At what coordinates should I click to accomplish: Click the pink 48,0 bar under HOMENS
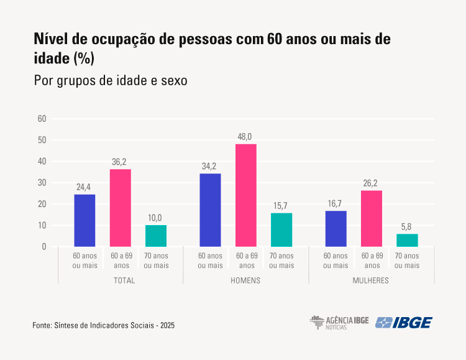246,195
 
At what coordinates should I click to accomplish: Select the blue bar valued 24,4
85,221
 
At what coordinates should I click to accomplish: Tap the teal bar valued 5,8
408,240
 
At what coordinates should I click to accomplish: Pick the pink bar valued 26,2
372,218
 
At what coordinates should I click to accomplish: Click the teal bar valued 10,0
156,236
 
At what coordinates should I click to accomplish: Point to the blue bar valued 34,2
210,210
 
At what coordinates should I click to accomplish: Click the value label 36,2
121,161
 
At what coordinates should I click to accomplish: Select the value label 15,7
281,205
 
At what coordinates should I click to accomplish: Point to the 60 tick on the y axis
42,119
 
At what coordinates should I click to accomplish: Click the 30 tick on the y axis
42,183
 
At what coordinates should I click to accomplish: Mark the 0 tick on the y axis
44,247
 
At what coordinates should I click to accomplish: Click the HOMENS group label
245,280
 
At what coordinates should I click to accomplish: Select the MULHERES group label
372,280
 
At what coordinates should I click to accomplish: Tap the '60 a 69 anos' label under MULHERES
372,261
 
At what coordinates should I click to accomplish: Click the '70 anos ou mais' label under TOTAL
156,261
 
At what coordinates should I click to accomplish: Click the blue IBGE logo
404,322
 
